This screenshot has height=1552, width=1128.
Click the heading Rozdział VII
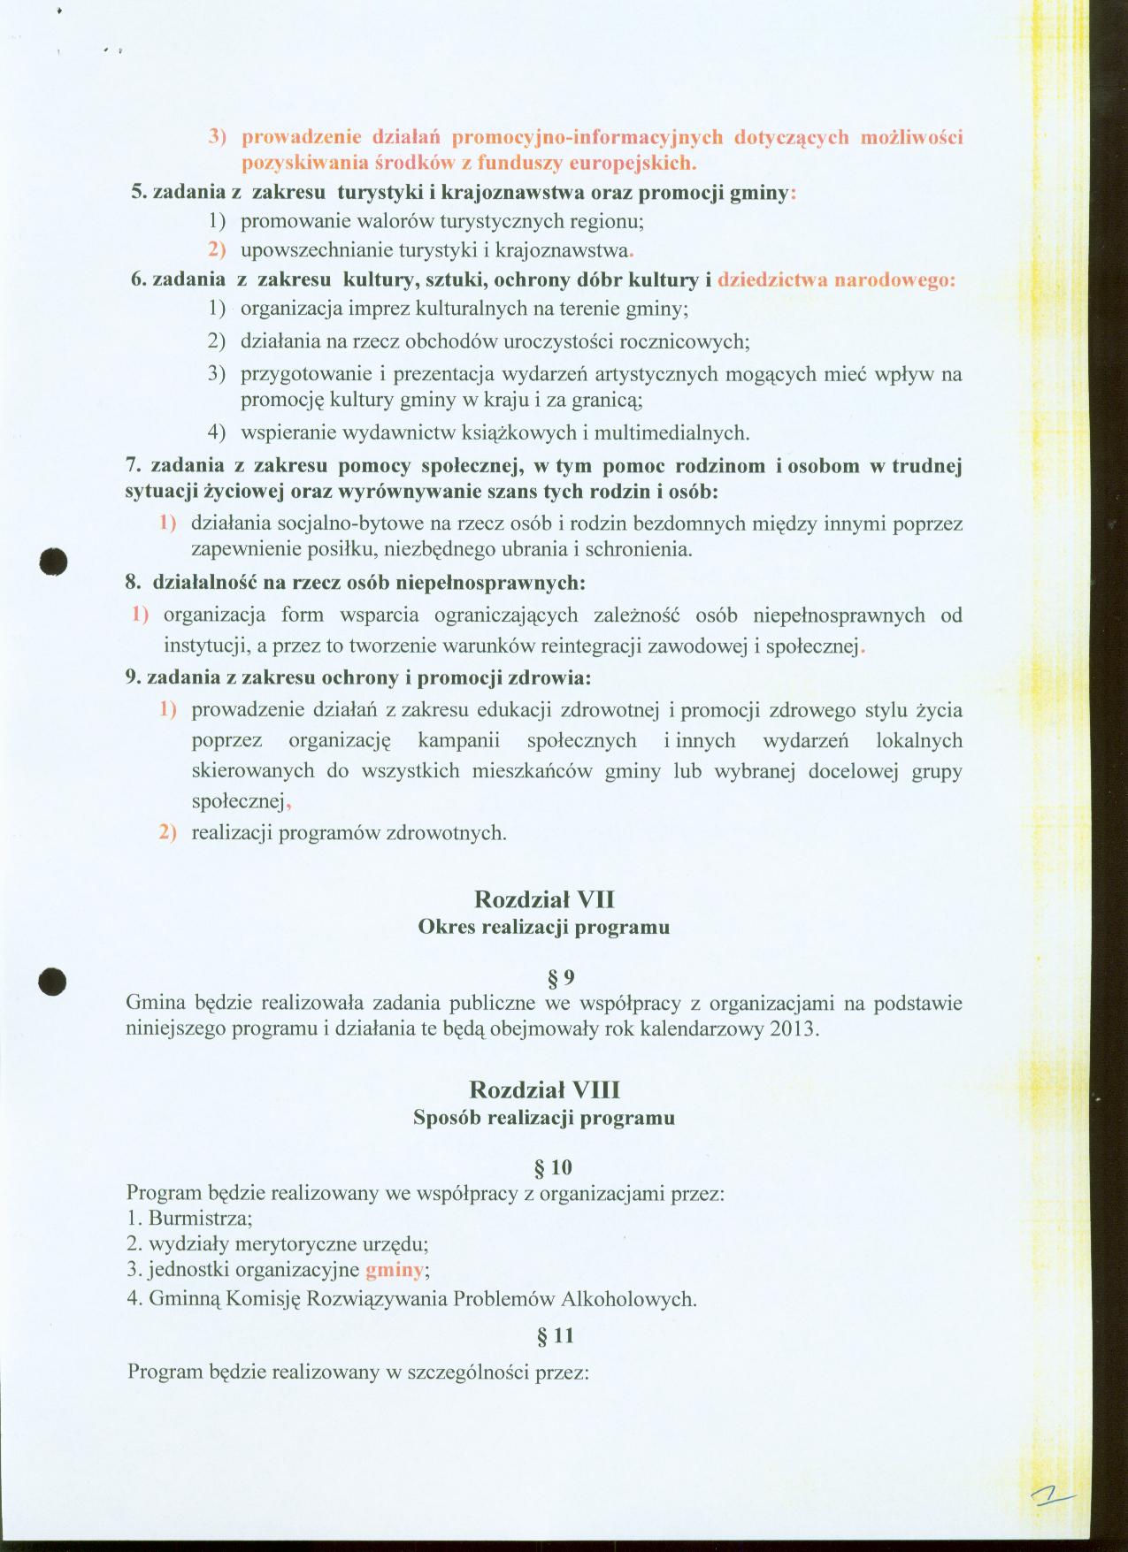544,899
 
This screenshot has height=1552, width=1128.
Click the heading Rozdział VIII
544,1089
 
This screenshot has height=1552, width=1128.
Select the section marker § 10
555,1168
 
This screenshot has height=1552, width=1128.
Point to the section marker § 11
555,1338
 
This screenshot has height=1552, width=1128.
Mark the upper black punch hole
55,562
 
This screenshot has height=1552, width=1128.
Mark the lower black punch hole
54,981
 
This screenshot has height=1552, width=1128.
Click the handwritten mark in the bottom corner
1052,1496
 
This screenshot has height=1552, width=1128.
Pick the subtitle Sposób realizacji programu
544,1117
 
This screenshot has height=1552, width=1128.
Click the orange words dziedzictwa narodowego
836,280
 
